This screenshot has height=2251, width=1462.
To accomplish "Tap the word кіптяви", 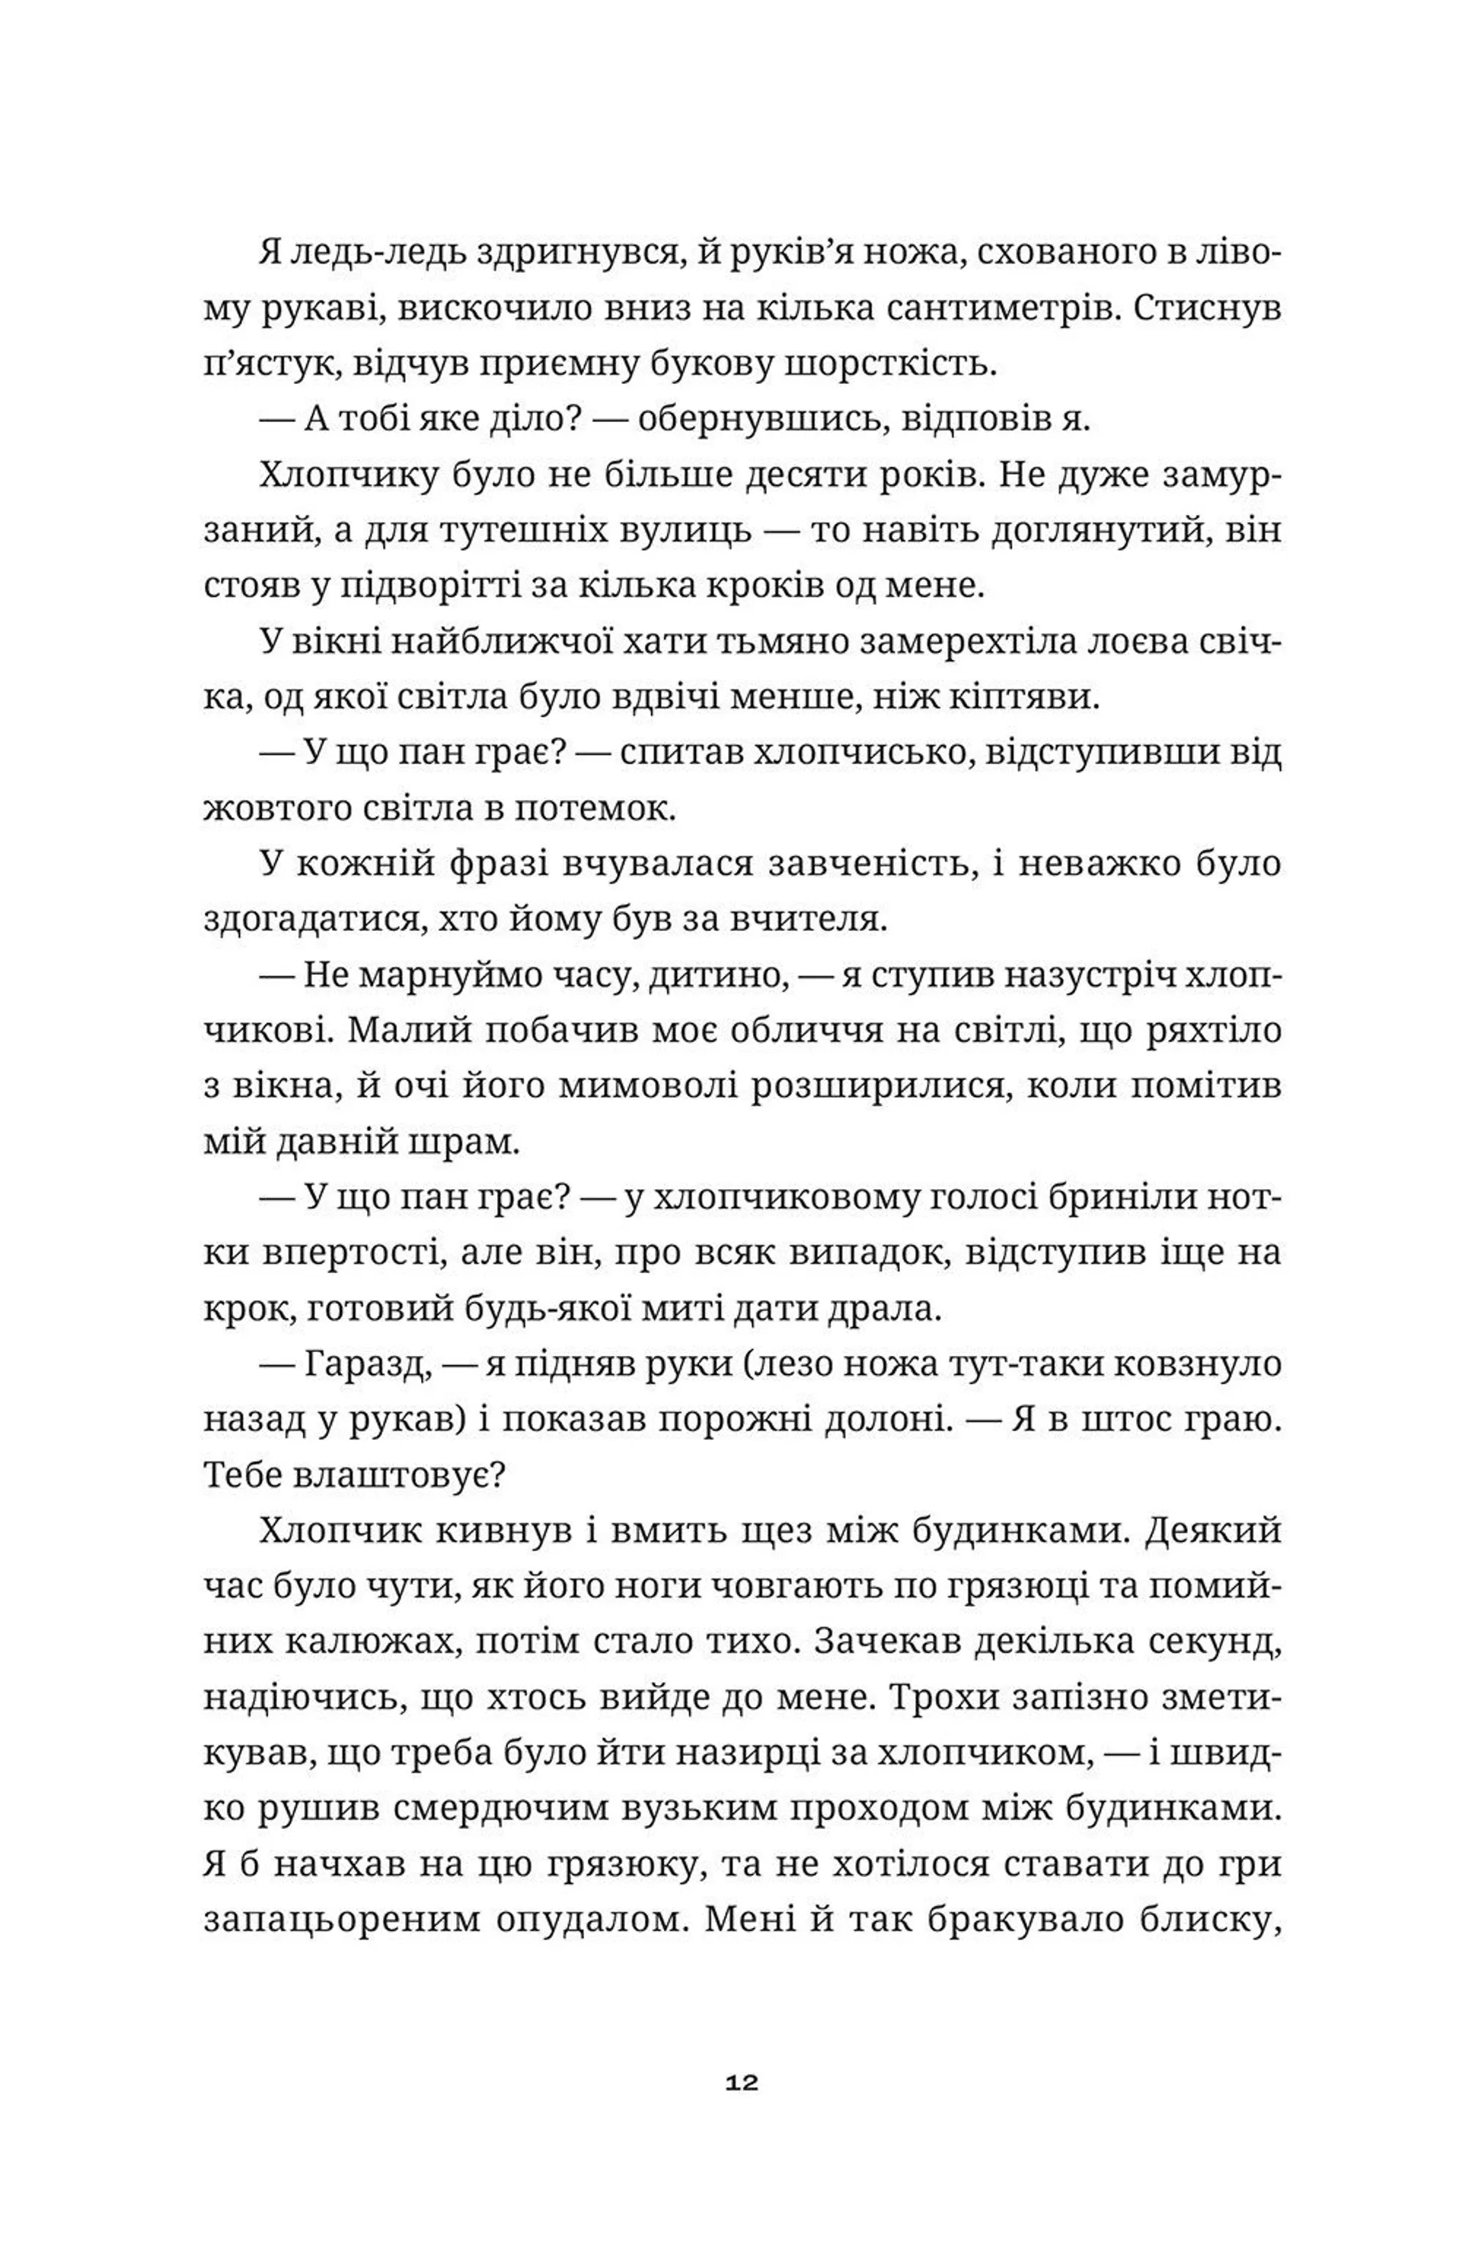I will tap(1016, 697).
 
